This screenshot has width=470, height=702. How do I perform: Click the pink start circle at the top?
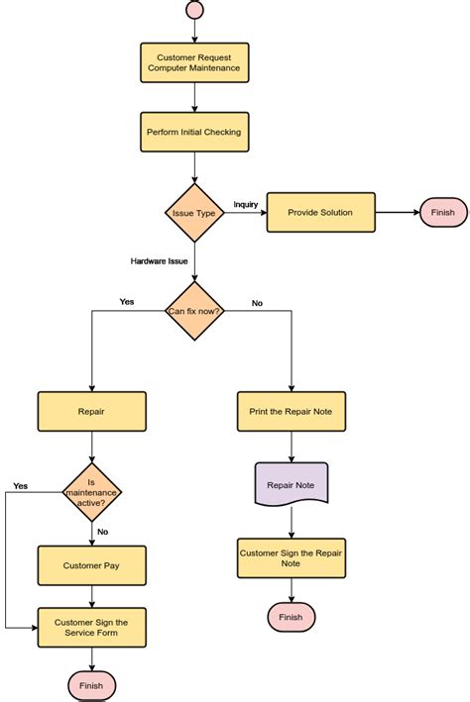click(x=194, y=9)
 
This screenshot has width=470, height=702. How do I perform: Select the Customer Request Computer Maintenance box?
click(x=194, y=63)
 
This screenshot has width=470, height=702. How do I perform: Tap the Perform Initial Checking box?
click(x=194, y=132)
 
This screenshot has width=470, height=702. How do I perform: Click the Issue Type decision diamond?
click(x=194, y=213)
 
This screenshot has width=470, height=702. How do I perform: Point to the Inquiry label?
click(x=246, y=205)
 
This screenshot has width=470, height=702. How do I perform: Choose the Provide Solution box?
click(x=321, y=213)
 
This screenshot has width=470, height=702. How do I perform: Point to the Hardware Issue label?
click(x=159, y=261)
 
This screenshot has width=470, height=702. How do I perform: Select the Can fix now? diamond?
click(x=194, y=311)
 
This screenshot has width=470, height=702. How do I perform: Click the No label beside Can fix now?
click(x=257, y=303)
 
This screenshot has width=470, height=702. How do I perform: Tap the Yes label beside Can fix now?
click(x=127, y=302)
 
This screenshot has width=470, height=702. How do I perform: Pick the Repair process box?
click(x=91, y=412)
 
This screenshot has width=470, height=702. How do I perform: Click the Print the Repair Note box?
click(x=292, y=412)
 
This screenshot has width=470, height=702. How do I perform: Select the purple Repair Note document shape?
click(x=292, y=485)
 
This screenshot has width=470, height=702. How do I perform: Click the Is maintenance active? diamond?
click(x=91, y=491)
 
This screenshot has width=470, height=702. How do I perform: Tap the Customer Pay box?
click(x=91, y=565)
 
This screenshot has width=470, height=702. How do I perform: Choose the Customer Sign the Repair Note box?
click(x=292, y=557)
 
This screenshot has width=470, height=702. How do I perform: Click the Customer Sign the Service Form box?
click(x=91, y=627)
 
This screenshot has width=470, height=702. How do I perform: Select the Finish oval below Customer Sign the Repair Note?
click(x=292, y=617)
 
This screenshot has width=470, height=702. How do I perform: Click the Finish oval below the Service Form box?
click(x=91, y=685)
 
